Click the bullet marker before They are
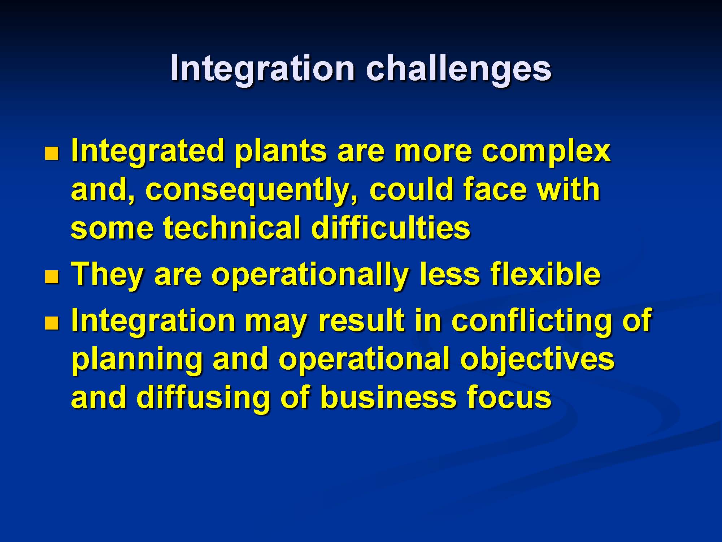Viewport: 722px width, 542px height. coord(52,277)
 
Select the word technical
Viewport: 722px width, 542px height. coord(232,228)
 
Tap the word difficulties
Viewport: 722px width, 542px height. coord(391,228)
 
